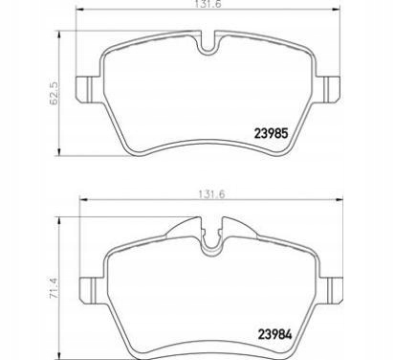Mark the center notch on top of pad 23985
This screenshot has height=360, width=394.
[x=208, y=43]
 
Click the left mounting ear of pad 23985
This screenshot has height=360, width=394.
[x=87, y=85]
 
